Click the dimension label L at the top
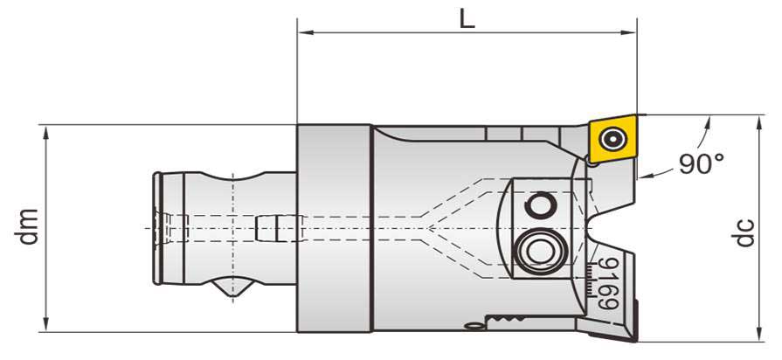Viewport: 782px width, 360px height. click(x=467, y=18)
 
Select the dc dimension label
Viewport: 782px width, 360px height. click(x=744, y=230)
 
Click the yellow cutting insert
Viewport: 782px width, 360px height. click(x=611, y=139)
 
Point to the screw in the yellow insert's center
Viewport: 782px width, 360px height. click(x=611, y=139)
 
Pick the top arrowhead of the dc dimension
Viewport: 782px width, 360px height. click(x=756, y=120)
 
